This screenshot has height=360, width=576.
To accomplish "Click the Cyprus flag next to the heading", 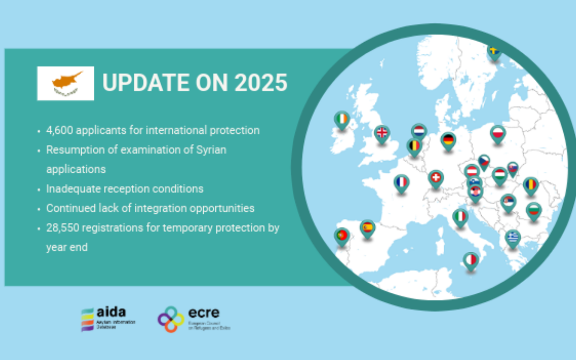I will click(66, 83).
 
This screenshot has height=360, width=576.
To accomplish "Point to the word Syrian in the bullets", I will click(210, 149).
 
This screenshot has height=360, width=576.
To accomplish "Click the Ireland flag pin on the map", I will click(342, 119).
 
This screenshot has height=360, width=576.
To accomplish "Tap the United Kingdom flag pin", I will click(382, 133).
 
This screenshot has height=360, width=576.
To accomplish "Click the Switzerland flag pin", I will click(436, 179).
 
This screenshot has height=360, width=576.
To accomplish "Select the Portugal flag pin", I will click(342, 236).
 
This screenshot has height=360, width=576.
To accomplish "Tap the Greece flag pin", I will click(513, 237).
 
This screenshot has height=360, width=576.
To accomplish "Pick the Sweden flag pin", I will click(494, 52).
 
